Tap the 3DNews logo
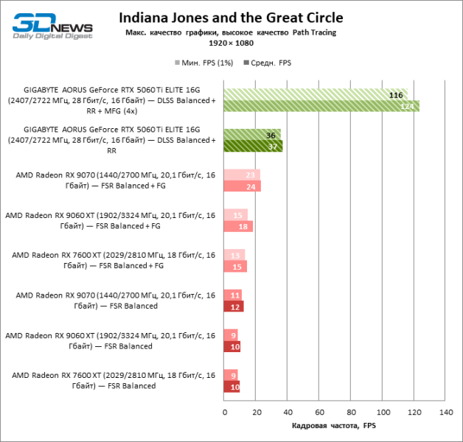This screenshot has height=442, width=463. [52, 26]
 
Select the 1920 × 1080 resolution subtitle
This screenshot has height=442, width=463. [231, 43]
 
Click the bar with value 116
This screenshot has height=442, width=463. [315, 94]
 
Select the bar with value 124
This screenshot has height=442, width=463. [321, 106]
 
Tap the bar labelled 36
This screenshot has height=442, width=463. [251, 135]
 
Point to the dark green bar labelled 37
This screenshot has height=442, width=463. [252, 146]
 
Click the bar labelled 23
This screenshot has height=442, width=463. [241, 175]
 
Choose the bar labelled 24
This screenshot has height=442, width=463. [242, 186]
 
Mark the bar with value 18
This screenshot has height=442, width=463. [237, 226]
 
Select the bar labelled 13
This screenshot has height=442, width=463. [233, 255]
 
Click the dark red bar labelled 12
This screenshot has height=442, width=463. [232, 306]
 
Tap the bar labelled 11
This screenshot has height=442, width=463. [231, 295]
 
